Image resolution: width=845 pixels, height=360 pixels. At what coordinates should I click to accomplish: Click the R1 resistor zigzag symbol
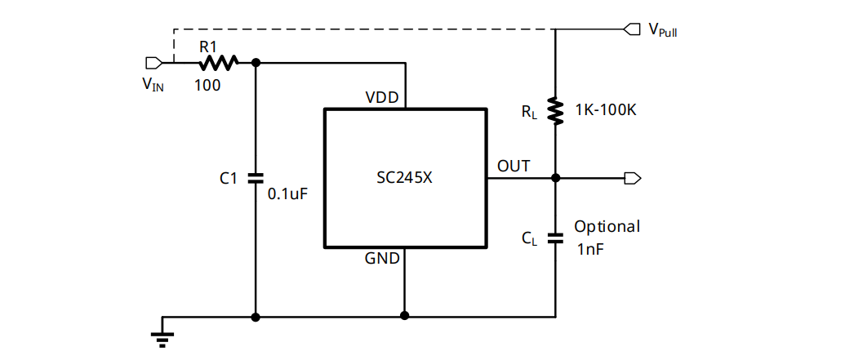(x=217, y=62)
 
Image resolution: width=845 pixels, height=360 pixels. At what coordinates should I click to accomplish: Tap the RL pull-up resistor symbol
(x=555, y=110)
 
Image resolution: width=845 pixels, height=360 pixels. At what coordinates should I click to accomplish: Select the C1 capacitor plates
(x=256, y=177)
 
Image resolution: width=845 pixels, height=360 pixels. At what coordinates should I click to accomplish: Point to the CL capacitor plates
(x=555, y=238)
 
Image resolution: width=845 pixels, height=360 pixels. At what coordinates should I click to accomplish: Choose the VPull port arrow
(x=631, y=29)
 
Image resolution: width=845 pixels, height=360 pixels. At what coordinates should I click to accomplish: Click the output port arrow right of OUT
(x=632, y=178)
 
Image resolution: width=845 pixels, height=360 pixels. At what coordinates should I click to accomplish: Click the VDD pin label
(x=382, y=97)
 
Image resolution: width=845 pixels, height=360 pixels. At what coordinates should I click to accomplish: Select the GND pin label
(x=382, y=259)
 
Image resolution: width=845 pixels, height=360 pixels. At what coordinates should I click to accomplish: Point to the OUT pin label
(x=514, y=167)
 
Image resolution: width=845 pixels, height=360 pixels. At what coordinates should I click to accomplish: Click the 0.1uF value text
(x=288, y=194)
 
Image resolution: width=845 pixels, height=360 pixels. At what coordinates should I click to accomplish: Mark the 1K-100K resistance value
(x=605, y=109)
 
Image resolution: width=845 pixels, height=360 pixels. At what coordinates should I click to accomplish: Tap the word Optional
(x=607, y=226)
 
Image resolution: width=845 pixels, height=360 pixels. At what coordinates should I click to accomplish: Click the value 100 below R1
(x=207, y=84)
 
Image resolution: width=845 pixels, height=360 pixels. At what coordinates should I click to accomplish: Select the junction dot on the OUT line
(x=555, y=178)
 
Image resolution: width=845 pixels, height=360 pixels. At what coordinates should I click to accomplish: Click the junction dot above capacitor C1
(x=256, y=62)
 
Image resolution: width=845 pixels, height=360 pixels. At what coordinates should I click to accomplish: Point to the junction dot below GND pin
(x=405, y=315)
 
